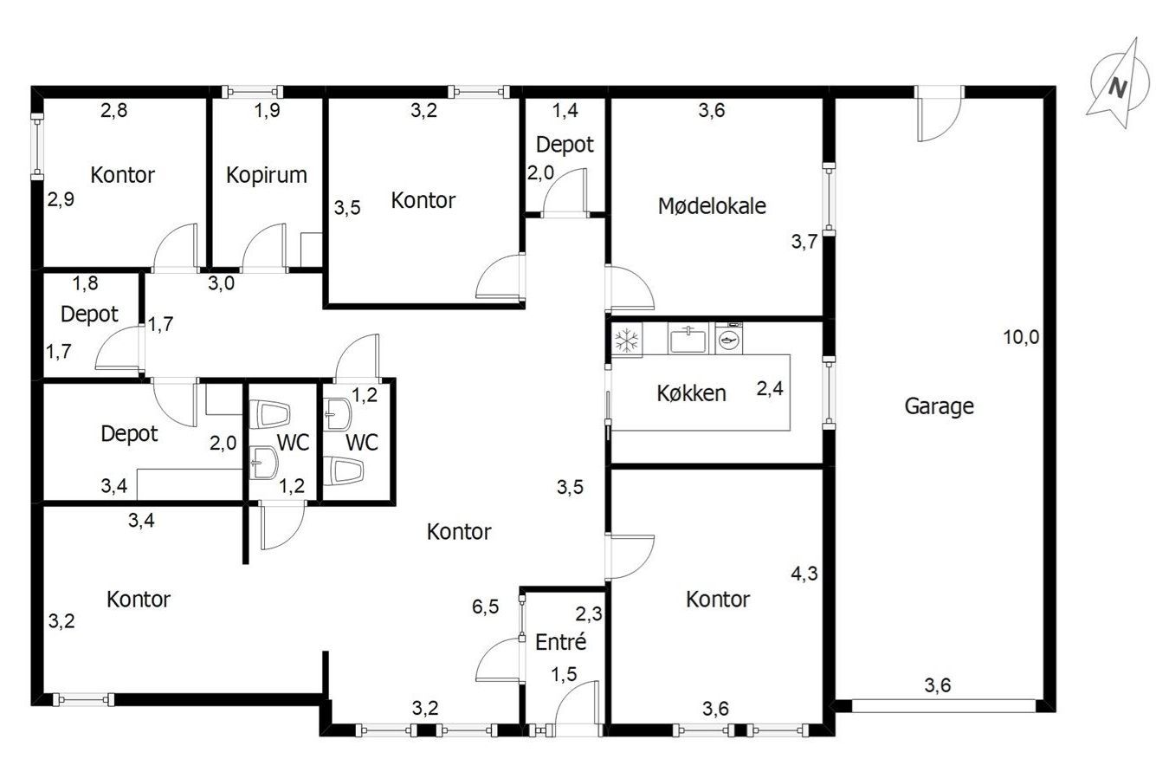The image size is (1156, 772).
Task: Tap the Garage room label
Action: pos(939,406)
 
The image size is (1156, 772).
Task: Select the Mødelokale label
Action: pos(712,206)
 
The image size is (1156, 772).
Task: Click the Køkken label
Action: pos(691,393)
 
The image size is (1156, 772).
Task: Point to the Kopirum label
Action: pos(267,176)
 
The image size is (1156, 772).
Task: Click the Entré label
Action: pos(560,642)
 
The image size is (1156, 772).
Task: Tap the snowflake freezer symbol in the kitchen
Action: pos(627,341)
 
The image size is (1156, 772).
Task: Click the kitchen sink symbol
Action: pos(688,340)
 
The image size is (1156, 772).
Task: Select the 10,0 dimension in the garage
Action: pos(1021,337)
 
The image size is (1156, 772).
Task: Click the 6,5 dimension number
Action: pos(485,607)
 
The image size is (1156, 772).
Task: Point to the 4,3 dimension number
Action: pos(804,574)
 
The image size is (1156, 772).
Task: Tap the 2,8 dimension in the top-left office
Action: pos(113,110)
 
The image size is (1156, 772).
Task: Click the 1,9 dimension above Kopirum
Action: pos(268,110)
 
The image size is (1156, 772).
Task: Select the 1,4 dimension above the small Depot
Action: pos(565,110)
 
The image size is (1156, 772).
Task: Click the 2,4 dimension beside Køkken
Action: pos(770,388)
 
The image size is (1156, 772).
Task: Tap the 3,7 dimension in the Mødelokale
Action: pos(804,241)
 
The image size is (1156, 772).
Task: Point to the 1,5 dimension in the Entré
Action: pos(564,674)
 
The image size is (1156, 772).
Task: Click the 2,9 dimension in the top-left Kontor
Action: pos(61,199)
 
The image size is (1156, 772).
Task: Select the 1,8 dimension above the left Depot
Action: pos(85,283)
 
